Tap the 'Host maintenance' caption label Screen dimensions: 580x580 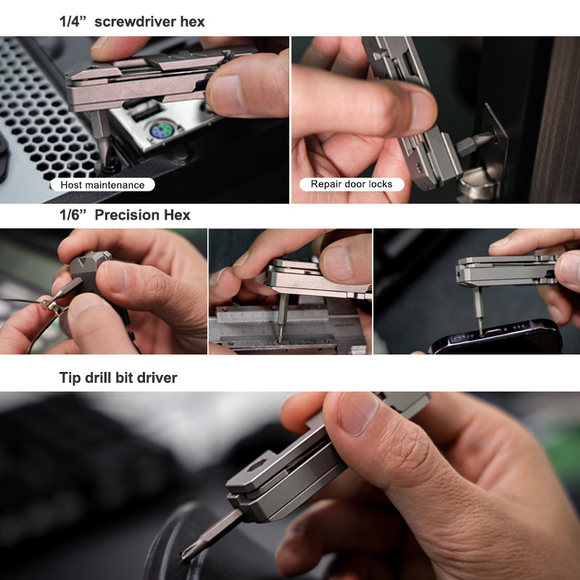point(102,185)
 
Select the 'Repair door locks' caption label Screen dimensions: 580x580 point(352,184)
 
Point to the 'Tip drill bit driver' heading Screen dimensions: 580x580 point(118,378)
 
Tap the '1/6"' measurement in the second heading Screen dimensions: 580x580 point(73,215)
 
